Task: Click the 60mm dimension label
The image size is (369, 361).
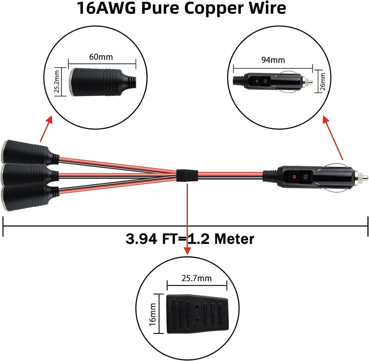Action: coord(101,57)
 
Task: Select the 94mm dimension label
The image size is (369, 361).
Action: coord(273,60)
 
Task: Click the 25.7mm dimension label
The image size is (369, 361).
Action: coord(197,278)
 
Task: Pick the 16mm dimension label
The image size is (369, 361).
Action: coord(152,314)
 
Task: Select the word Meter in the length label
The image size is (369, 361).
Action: coord(234,239)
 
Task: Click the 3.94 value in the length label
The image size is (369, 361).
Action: coord(141,239)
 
